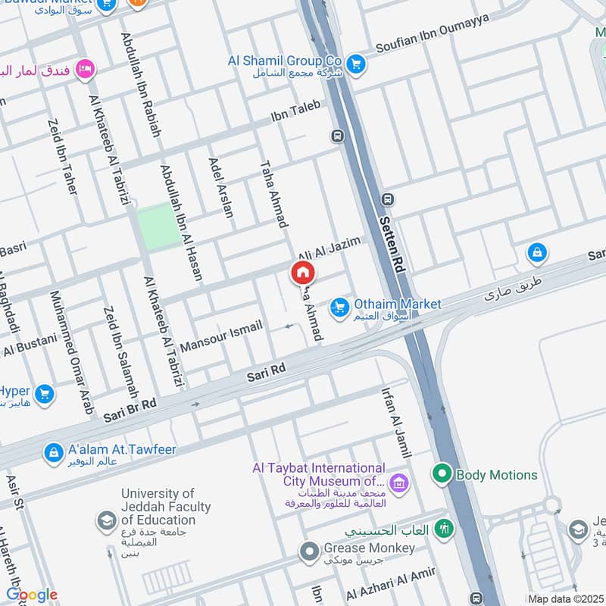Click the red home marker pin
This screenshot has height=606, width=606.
(x=302, y=273)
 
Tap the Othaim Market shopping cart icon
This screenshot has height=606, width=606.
(x=339, y=307)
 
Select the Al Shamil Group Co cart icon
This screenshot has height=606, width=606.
(x=356, y=64)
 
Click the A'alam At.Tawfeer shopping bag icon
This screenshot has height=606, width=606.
(x=54, y=453)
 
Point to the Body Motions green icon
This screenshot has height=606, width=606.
(x=442, y=475)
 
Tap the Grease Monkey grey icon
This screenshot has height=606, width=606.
(x=308, y=552)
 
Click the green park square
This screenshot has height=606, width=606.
(x=158, y=226)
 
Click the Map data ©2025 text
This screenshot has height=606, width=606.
(x=564, y=598)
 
